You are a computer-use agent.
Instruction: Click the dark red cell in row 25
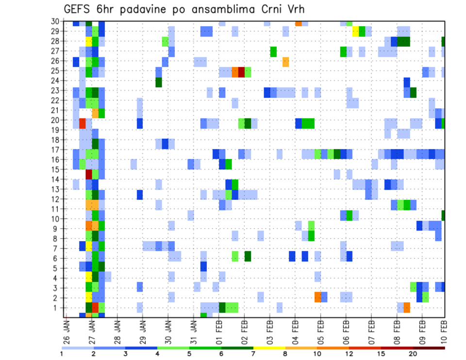[x=241, y=72]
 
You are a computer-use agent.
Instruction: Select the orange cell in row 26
[x=285, y=62]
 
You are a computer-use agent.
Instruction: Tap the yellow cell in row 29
[x=355, y=32]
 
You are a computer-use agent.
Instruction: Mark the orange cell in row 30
[x=298, y=23]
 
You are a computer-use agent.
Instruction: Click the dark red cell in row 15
[x=89, y=174]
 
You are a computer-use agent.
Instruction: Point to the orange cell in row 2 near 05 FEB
[x=317, y=296]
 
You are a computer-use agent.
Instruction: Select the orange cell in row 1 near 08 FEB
[x=407, y=307]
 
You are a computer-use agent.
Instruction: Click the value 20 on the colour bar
[x=413, y=354]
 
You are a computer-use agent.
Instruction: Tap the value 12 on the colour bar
[x=349, y=354]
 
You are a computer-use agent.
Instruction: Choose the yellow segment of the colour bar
[x=269, y=348]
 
